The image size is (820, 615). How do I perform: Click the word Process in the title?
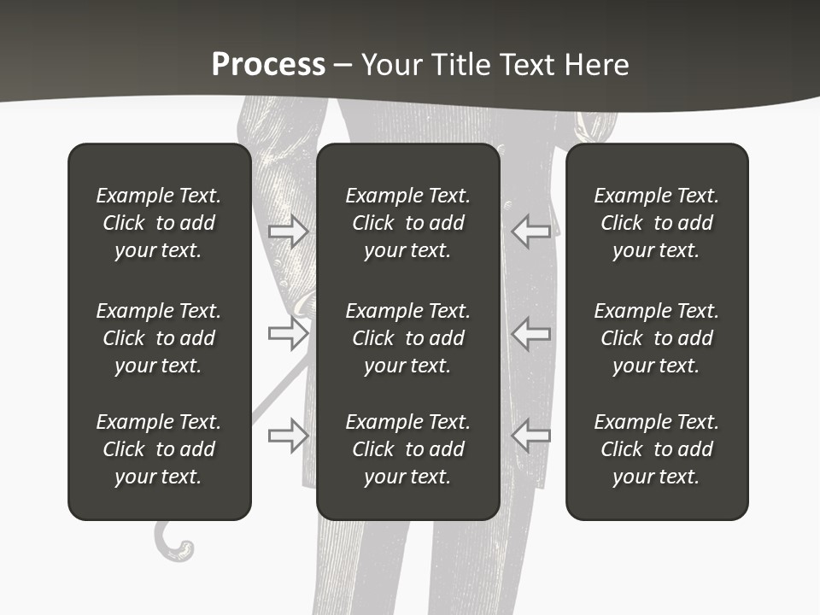pos(268,64)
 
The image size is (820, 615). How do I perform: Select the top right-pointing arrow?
pos(289,230)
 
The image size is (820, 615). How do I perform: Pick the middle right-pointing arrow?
pos(289,333)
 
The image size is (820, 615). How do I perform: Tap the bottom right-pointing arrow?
pos(289,435)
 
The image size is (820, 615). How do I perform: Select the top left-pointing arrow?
pos(530,230)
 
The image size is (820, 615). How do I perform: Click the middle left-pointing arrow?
pos(530,333)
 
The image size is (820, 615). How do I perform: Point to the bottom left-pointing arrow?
pos(530,435)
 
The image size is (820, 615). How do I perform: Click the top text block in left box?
pos(159,223)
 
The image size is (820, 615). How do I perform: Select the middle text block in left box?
pos(159,338)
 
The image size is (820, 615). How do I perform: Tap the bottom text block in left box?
pos(159,449)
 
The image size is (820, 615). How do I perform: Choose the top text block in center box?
pos(408,223)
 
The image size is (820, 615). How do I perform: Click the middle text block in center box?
pos(408,338)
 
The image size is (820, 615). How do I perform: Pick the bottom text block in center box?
pos(408,449)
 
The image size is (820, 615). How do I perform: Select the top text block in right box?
pos(657,223)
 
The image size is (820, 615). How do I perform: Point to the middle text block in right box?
pos(657,338)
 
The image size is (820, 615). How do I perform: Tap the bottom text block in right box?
pos(657,449)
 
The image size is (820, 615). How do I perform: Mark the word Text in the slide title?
pos(526,64)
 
